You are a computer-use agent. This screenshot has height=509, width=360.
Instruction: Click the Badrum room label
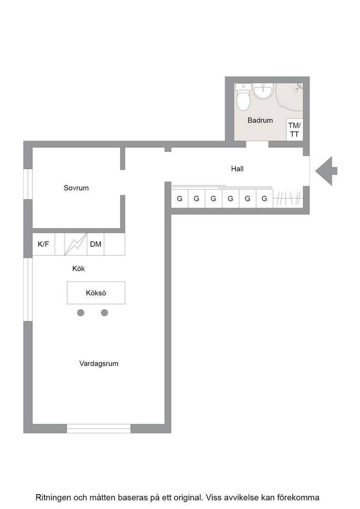(260, 120)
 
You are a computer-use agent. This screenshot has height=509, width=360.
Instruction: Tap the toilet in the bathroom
(244, 97)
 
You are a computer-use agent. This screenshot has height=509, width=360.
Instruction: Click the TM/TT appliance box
(295, 130)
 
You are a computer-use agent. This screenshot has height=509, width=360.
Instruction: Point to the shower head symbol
(298, 87)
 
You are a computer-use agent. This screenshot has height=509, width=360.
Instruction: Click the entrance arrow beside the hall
(326, 171)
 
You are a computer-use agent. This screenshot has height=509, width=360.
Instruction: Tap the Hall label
(237, 169)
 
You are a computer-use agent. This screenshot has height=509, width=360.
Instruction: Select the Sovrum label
(76, 188)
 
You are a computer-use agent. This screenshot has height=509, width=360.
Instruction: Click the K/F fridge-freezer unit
(44, 244)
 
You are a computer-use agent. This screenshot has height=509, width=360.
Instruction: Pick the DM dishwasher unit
(95, 244)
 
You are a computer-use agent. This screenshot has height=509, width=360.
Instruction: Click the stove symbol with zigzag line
(75, 244)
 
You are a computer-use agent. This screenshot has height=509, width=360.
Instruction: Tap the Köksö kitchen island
(96, 293)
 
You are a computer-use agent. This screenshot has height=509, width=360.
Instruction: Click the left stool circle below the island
(81, 313)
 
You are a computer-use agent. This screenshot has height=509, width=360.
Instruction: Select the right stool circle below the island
(105, 313)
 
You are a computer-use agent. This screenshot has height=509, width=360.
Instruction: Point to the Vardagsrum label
(99, 364)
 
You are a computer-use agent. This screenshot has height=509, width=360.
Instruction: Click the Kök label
(79, 269)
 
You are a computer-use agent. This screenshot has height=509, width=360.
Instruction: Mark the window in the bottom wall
(99, 429)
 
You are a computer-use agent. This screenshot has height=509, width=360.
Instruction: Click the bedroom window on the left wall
(28, 184)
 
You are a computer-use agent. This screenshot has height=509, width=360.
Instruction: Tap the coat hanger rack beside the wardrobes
(288, 199)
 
